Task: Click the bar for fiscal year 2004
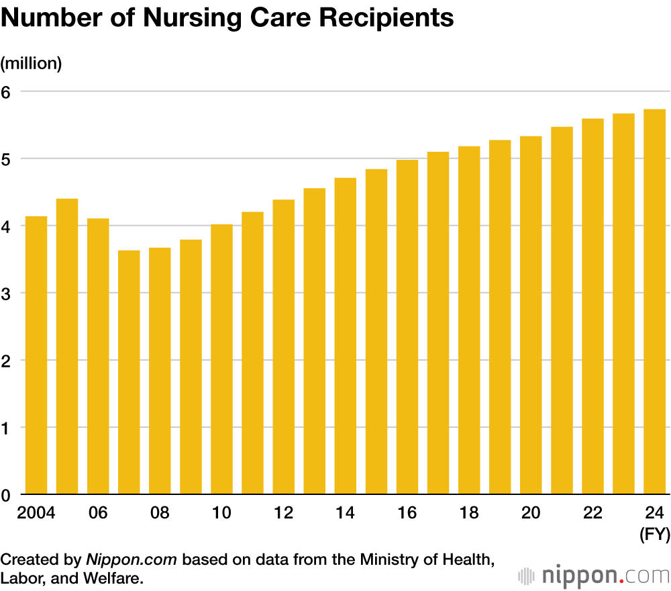(36, 355)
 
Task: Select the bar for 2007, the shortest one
(129, 372)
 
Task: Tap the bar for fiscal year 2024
(654, 302)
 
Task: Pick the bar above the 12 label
(284, 347)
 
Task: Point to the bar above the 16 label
(407, 327)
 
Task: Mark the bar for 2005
(67, 347)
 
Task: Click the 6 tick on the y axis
(7, 91)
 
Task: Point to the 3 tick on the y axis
(7, 293)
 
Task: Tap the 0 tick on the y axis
(7, 495)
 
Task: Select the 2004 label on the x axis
(36, 513)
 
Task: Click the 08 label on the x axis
(160, 513)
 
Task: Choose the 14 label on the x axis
(346, 513)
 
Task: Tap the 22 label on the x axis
(592, 513)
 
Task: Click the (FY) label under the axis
(655, 535)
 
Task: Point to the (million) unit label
(31, 64)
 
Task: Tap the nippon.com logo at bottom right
(594, 575)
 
